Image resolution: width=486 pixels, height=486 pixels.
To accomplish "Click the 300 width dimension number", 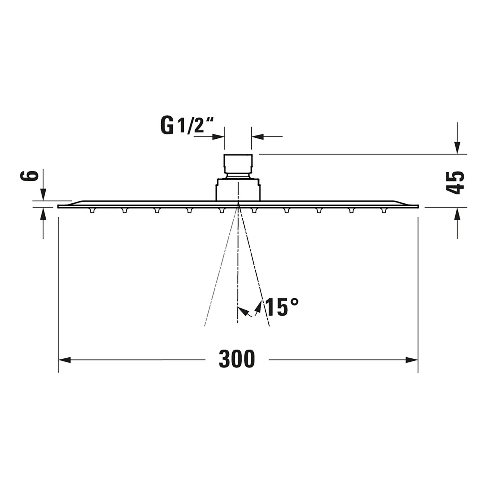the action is point(237,359).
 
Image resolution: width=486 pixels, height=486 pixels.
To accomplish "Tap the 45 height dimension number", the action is point(455,182).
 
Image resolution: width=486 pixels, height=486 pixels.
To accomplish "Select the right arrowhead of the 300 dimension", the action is point(411,360).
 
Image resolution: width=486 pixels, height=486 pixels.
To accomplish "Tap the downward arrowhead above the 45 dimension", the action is point(457,148).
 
